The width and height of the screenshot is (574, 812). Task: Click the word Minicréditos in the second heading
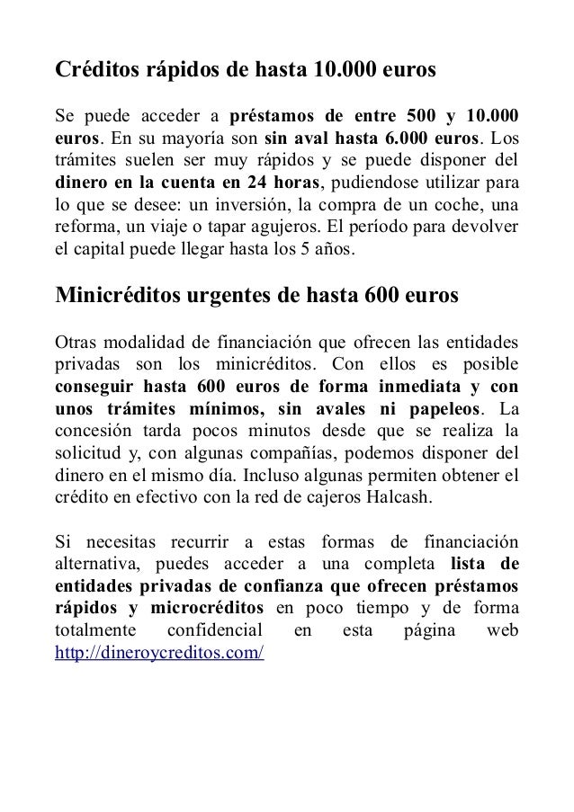118,297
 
